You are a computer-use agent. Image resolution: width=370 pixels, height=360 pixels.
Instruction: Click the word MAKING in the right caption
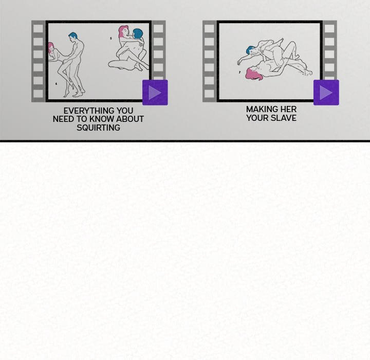[260, 110]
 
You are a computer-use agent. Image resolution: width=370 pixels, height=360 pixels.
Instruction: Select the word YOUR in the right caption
[257, 118]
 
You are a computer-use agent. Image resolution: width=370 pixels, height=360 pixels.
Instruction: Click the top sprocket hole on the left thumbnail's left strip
[38, 29]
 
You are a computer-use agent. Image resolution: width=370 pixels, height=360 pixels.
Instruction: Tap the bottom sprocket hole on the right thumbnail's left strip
[209, 94]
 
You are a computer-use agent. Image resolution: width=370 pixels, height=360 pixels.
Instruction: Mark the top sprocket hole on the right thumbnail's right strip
[329, 29]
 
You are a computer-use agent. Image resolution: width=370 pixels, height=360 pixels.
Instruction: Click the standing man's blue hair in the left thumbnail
[73, 35]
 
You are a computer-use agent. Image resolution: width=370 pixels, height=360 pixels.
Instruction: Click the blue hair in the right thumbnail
[249, 49]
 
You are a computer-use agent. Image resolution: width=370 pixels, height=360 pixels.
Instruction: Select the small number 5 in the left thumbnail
[111, 38]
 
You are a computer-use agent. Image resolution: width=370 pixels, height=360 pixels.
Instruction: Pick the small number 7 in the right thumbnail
[240, 72]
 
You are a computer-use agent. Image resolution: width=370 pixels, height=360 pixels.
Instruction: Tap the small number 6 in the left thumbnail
[56, 84]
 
